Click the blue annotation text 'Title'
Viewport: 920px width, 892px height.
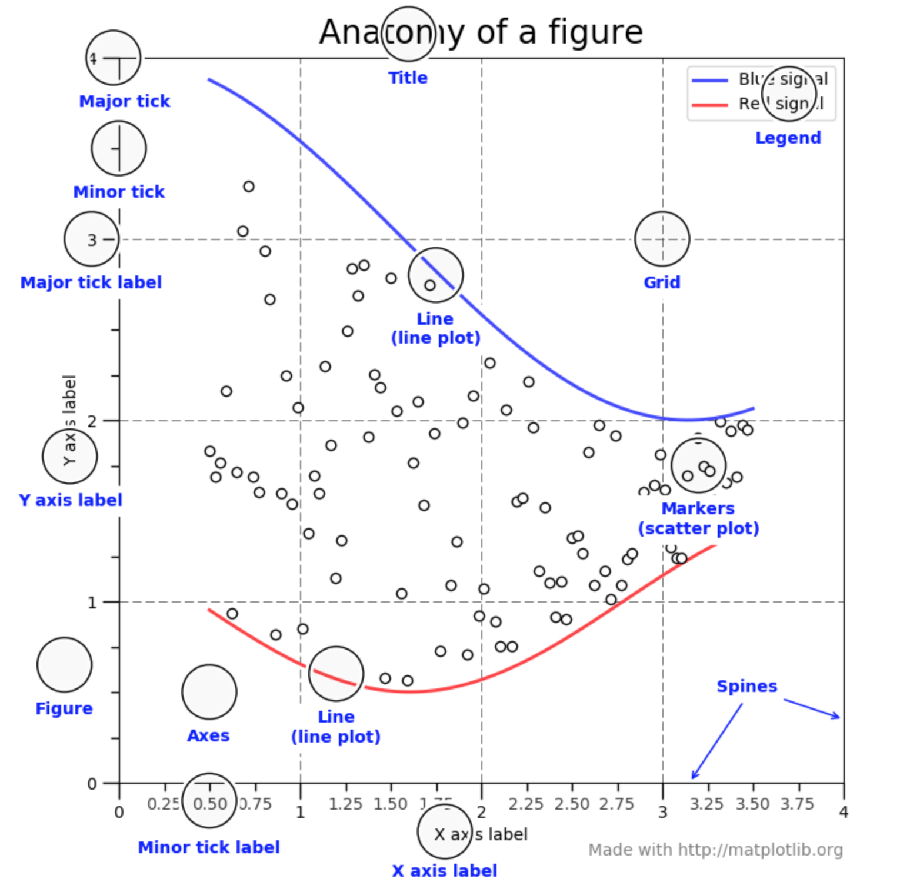click(408, 78)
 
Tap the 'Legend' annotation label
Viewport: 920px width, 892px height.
click(788, 138)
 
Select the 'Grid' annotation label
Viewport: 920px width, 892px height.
click(662, 282)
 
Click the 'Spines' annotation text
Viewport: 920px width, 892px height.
click(746, 686)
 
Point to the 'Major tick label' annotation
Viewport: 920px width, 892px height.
click(91, 282)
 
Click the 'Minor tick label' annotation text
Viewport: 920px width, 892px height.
click(209, 847)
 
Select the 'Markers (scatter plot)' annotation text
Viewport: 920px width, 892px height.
click(698, 518)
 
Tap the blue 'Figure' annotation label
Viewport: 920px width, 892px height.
click(64, 708)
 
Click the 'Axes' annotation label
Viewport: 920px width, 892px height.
click(208, 735)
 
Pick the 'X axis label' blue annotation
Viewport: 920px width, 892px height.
click(445, 871)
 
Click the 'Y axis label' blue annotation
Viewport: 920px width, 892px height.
click(71, 500)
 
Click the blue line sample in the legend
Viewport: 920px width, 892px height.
click(709, 80)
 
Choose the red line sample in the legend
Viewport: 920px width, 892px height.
click(709, 105)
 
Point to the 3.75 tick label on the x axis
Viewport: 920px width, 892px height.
click(797, 804)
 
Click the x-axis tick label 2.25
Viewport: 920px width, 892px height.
click(526, 804)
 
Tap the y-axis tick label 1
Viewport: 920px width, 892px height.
click(92, 603)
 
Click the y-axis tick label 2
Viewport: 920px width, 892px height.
click(92, 421)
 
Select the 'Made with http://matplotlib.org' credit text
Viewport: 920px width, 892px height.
click(715, 850)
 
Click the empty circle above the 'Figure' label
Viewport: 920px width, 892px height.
click(64, 664)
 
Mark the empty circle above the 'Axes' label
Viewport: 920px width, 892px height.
click(209, 692)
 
